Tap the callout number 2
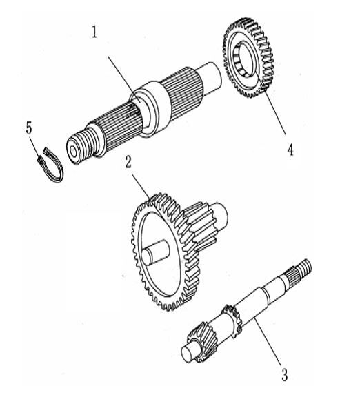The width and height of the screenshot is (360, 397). (129, 163)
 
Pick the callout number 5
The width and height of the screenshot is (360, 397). (28, 128)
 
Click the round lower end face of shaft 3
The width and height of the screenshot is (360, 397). (186, 352)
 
